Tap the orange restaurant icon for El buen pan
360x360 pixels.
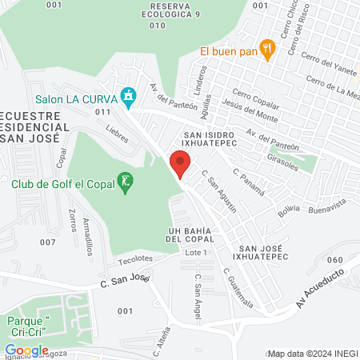pyautogui.click(x=269, y=50)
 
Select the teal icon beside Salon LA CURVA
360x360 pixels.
pyautogui.click(x=127, y=98)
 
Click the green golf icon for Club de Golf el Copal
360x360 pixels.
pyautogui.click(x=125, y=183)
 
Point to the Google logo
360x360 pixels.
pyautogui.click(x=26, y=350)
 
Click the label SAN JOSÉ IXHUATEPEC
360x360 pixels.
pyautogui.click(x=261, y=254)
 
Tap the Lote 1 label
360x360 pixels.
pyautogui.click(x=196, y=253)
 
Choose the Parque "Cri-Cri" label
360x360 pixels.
pyautogui.click(x=29, y=326)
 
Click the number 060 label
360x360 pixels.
pyautogui.click(x=335, y=260)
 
